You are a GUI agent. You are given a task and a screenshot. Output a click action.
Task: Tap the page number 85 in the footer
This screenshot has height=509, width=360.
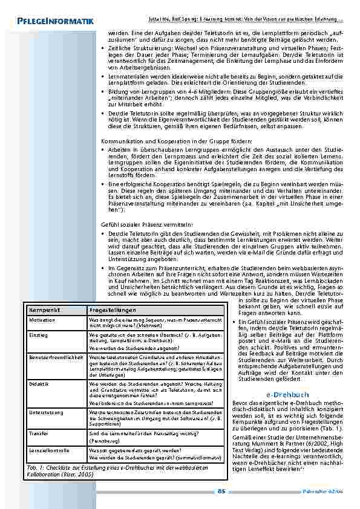click(221, 491)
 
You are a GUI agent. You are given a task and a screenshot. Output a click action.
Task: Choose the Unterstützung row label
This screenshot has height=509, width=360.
click(46, 411)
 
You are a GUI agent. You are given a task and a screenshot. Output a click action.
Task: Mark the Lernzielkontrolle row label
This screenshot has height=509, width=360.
click(48, 451)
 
